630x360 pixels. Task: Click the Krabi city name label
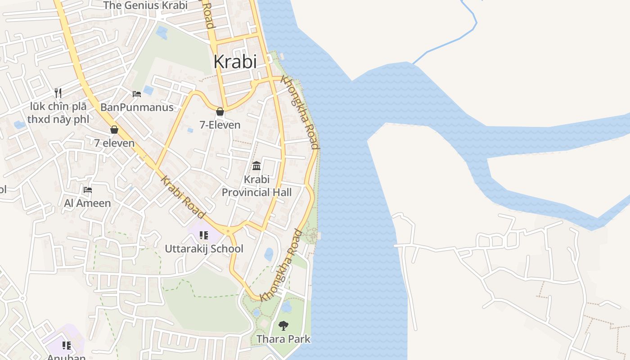(x=235, y=62)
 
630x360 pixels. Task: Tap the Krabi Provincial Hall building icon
(x=256, y=166)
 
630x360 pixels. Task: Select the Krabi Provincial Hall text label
(x=256, y=186)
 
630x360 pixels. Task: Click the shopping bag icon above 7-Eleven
(x=220, y=112)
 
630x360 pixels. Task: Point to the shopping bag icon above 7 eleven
(x=114, y=130)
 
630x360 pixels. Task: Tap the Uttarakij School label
(x=204, y=249)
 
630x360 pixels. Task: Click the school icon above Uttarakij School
(x=204, y=235)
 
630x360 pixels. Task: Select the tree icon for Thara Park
(x=283, y=325)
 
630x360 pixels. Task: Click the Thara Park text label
(x=283, y=339)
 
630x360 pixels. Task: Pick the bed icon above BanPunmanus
(x=137, y=94)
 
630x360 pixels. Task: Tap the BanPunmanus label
(x=137, y=108)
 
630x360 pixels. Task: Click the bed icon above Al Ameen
(x=88, y=190)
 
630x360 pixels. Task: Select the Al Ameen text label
(x=87, y=203)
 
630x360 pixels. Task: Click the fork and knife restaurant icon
(x=58, y=93)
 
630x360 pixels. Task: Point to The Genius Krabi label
(x=145, y=5)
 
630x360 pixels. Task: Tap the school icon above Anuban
(x=67, y=346)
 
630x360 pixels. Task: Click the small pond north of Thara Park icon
(x=287, y=307)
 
